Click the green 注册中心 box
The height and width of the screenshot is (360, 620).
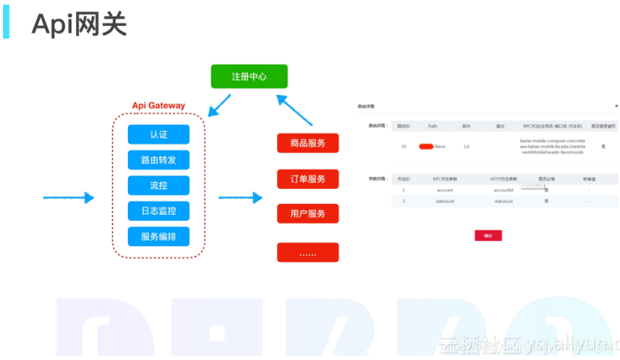point(249,77)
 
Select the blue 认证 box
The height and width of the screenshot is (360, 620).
point(159,135)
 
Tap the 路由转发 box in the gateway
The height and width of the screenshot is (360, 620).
point(159,160)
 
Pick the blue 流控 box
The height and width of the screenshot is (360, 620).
point(159,185)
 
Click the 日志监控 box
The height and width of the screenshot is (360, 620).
point(159,211)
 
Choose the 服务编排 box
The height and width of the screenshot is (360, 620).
point(159,237)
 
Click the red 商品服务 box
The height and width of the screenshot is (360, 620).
point(307,143)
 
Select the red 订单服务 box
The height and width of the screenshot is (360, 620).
point(307,179)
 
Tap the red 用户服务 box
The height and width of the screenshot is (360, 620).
point(307,213)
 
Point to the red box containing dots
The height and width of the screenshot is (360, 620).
point(307,253)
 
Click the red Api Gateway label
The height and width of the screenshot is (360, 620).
point(159,106)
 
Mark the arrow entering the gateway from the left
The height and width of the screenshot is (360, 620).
point(68,198)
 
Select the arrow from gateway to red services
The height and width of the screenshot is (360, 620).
point(240,198)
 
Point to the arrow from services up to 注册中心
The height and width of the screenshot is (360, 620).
point(297,110)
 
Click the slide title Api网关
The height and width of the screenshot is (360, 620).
point(79,25)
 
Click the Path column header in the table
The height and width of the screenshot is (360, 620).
point(432,126)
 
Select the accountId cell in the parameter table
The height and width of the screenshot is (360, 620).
point(504,190)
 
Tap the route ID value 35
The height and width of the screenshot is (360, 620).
point(403,147)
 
